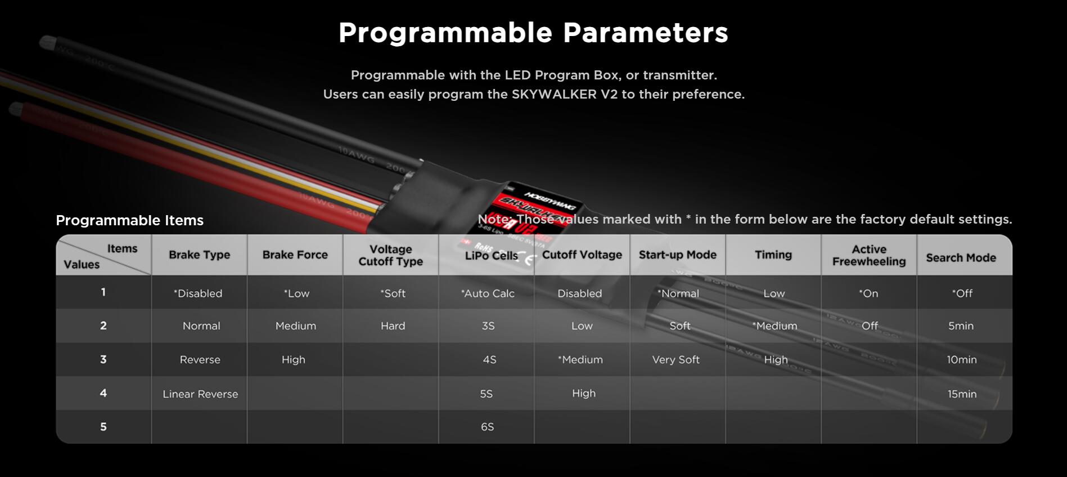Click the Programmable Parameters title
[533, 33]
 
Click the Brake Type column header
[199, 255]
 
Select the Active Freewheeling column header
[869, 255]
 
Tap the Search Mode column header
[961, 258]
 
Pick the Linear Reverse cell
[200, 394]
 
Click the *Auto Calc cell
[488, 293]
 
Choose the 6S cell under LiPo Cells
[487, 427]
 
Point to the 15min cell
[962, 394]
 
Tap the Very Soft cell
[676, 360]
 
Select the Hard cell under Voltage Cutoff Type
[393, 326]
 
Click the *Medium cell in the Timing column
[775, 326]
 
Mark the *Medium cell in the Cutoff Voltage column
[580, 360]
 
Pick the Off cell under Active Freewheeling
[870, 326]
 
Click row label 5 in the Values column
[103, 427]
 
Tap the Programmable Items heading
[129, 220]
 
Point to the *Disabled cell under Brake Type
[198, 293]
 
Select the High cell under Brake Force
[294, 360]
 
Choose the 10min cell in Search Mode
[962, 360]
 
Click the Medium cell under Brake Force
[296, 326]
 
